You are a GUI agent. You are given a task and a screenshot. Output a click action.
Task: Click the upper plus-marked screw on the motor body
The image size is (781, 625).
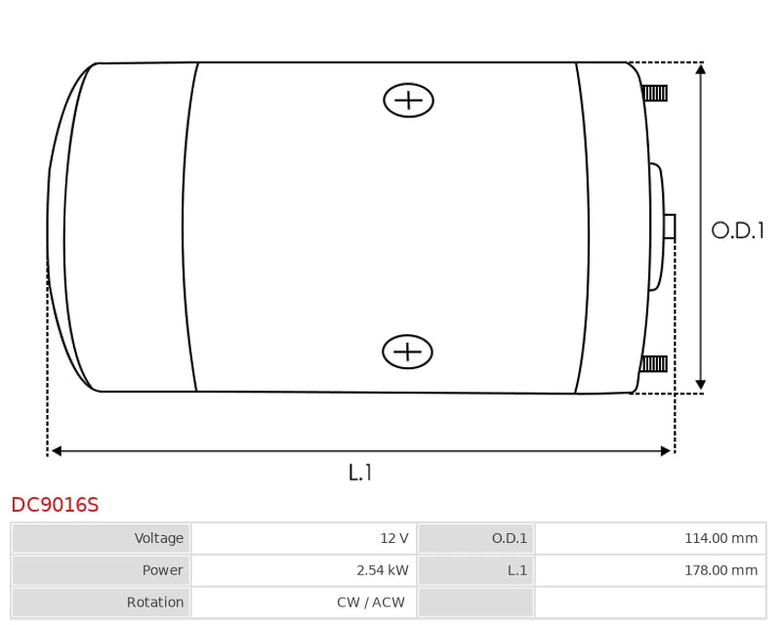click(x=408, y=101)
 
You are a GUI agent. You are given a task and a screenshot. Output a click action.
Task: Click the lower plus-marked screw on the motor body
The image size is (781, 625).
click(x=407, y=352)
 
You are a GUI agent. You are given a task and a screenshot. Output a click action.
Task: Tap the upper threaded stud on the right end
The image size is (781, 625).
click(x=654, y=93)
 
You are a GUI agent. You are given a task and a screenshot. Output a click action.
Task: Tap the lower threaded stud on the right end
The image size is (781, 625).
click(x=653, y=364)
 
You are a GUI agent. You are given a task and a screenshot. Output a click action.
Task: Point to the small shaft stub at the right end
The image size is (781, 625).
click(x=670, y=227)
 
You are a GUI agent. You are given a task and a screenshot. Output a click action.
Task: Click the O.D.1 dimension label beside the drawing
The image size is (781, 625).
click(x=737, y=230)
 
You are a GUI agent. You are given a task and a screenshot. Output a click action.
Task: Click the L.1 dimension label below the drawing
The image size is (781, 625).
click(x=360, y=472)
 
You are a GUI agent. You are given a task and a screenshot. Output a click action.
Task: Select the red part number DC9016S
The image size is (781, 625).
click(x=55, y=504)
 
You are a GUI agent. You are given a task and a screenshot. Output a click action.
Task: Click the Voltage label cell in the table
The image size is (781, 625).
click(x=101, y=538)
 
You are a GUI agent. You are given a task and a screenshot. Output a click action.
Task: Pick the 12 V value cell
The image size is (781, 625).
click(x=304, y=538)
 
